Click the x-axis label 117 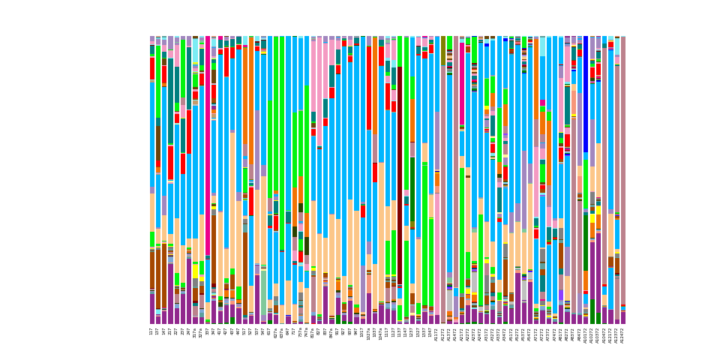pyautogui.click(x=151, y=331)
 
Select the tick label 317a pyautogui.click(x=195, y=332)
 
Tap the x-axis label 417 pyautogui.click(x=220, y=331)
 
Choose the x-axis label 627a pyautogui.click(x=275, y=332)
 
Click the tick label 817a pyautogui.click(x=313, y=332)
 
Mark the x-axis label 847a pyautogui.click(x=331, y=332)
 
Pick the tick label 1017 pyautogui.click(x=362, y=331)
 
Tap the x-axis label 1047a pyautogui.click(x=381, y=333)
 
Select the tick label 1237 pyautogui.click(x=412, y=331)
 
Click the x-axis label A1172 pyautogui.click(x=436, y=333)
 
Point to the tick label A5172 pyautogui.click(x=511, y=333)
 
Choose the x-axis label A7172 pyautogui.click(x=535, y=333)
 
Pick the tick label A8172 pyautogui.click(x=560, y=333)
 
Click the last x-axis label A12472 pyautogui.click(x=622, y=334)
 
